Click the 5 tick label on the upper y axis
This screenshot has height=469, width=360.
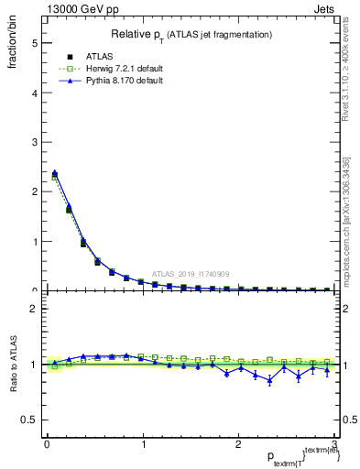pyautogui.click(x=34, y=43)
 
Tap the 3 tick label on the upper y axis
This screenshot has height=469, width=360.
pyautogui.click(x=34, y=142)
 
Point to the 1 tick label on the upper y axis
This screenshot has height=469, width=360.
pyautogui.click(x=34, y=242)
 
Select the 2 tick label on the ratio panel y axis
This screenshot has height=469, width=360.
pyautogui.click(x=34, y=309)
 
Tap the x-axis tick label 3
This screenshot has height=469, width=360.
pyautogui.click(x=335, y=445)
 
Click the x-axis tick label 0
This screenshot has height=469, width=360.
pyautogui.click(x=47, y=445)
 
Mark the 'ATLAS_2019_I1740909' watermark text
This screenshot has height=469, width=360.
pyautogui.click(x=192, y=274)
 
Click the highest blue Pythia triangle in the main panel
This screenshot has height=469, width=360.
pyautogui.click(x=54, y=172)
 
